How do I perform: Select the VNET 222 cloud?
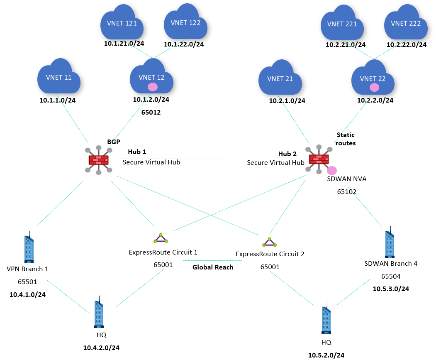point(406,24)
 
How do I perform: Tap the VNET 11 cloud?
point(58,77)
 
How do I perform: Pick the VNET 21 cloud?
point(280,78)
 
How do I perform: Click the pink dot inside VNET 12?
point(153,87)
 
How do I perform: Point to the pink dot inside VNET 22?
point(374,87)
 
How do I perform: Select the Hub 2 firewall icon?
point(319,159)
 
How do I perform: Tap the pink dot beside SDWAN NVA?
point(332,170)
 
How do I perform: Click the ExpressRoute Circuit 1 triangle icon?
point(161,238)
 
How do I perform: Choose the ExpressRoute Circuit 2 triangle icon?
point(269,242)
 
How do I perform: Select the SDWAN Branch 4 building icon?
point(390,242)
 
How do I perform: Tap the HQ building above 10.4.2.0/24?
point(98,314)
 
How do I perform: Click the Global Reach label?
point(213,267)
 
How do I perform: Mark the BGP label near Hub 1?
point(113,142)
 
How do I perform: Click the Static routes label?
point(346,139)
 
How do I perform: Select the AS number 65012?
point(151,112)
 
